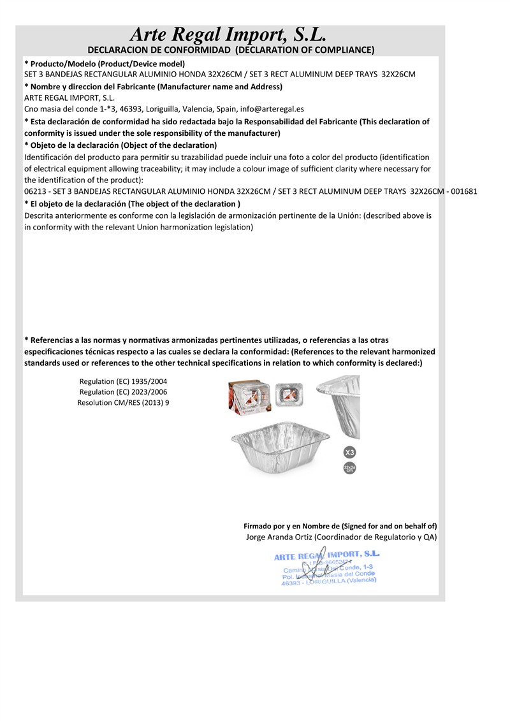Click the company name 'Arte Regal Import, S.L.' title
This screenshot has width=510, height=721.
(x=228, y=34)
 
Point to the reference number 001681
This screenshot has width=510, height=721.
(x=464, y=191)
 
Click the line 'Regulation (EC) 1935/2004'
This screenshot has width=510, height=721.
(x=123, y=381)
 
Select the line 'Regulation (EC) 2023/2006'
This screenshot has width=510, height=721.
(x=123, y=392)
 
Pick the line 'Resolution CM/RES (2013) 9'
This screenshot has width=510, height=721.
(x=123, y=403)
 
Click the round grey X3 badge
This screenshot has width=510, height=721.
(x=349, y=453)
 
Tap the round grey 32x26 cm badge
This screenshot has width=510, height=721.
(x=349, y=470)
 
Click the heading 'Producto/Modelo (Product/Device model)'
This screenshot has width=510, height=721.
(x=105, y=64)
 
